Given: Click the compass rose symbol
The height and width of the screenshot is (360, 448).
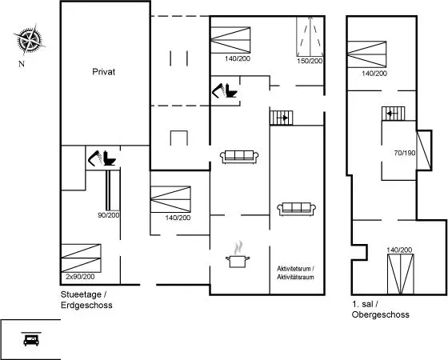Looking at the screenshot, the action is pos(29,39).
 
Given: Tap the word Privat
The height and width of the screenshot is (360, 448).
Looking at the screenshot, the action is pos(104,72).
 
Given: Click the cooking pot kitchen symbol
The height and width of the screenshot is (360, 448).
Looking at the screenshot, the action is pos(238,255).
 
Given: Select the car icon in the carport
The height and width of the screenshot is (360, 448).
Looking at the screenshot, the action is pos(31,339).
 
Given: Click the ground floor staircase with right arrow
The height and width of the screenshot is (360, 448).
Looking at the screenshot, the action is pos(282,118).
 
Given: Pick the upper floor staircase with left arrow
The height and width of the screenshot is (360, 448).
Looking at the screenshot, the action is pos(394,114).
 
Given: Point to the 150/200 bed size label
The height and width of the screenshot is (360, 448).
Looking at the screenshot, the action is pos(310,61).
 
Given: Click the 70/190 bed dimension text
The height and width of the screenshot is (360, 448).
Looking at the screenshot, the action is pos(405,153).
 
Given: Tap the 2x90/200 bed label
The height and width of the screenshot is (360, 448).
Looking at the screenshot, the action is pos(80,277).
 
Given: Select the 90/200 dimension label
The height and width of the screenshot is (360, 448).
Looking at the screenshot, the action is pos(109,215).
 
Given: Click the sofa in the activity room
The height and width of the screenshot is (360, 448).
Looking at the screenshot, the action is pos(296,209).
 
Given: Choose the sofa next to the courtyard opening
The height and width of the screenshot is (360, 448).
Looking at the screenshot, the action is pos(239,157).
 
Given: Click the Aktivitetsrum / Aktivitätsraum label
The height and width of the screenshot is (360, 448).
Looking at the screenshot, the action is pos(296,273).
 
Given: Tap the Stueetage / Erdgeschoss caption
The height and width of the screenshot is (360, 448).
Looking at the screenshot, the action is pos(86,300).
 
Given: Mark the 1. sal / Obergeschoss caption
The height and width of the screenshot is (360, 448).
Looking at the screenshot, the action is pos(380,310).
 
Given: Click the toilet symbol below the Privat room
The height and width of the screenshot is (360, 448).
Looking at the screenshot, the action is pos(110,158).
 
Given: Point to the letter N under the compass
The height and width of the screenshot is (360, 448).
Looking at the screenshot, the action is pos(22,64).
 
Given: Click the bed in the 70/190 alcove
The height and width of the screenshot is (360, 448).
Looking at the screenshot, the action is pos(424,150).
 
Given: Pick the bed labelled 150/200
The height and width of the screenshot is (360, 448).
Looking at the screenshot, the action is pos(310,37).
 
